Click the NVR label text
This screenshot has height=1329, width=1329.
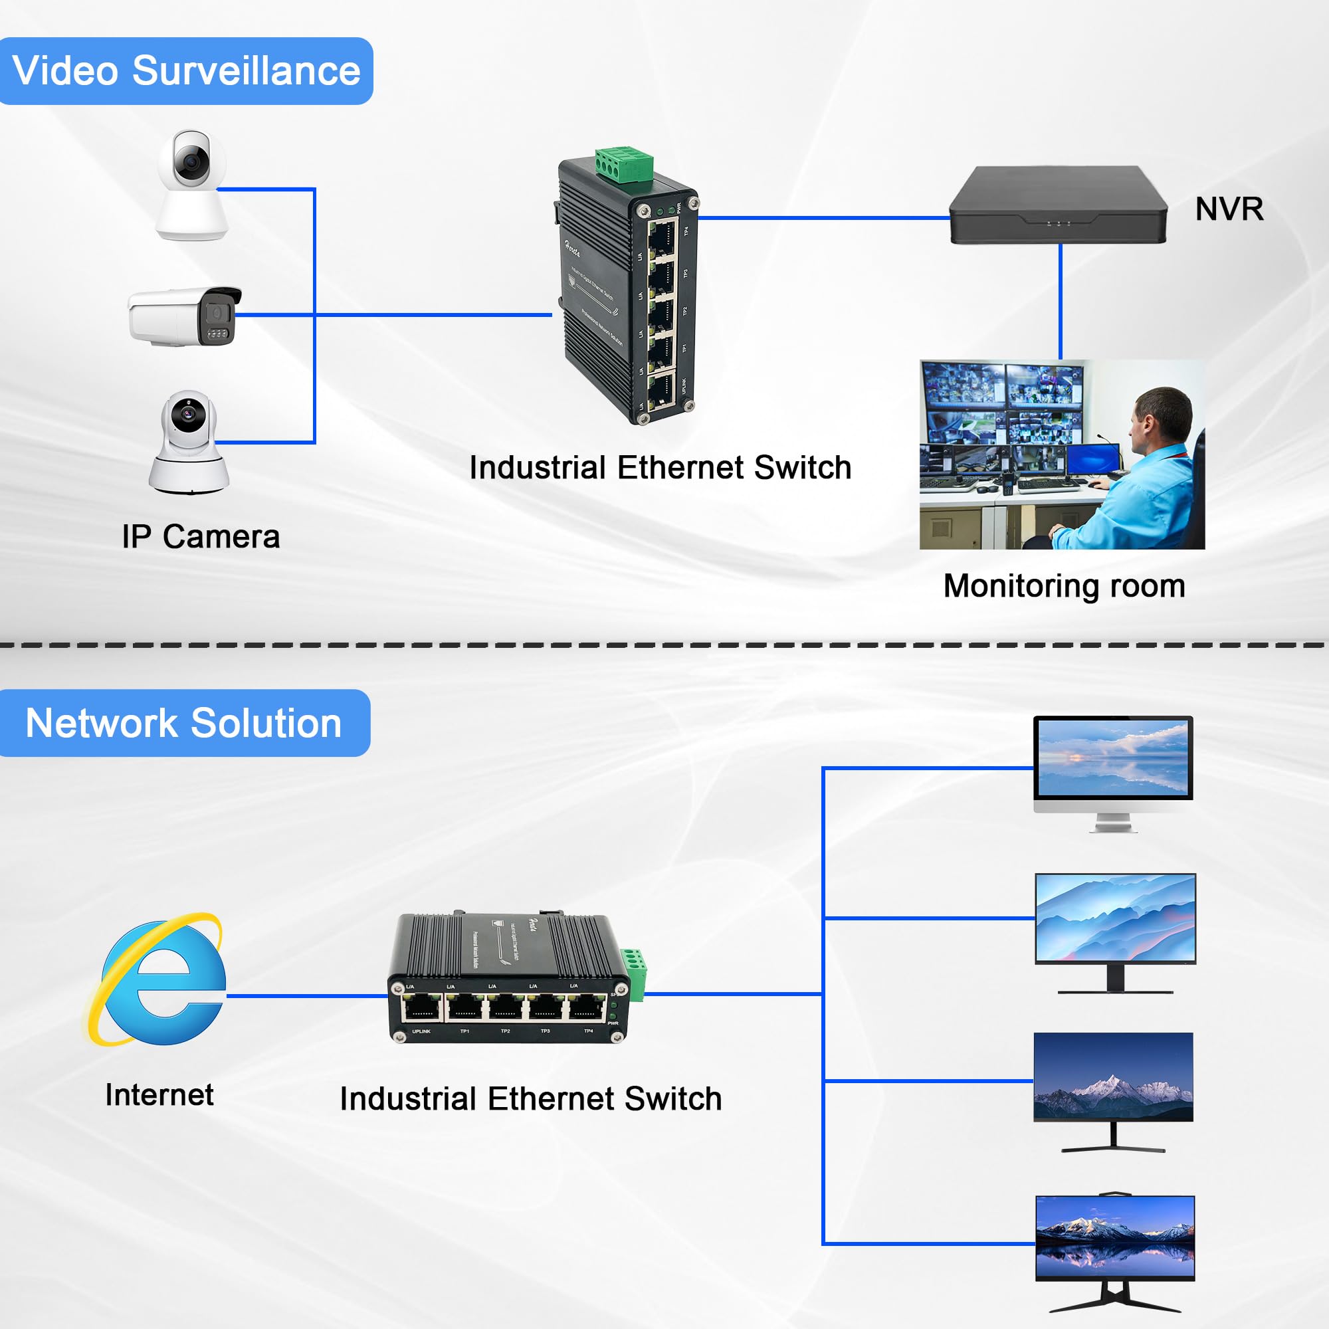(x=1229, y=209)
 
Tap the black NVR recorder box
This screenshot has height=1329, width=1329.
(x=1058, y=205)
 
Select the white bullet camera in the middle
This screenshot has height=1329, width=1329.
(x=184, y=316)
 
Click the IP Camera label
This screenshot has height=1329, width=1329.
(x=201, y=536)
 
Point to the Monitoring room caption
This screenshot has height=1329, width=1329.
(x=1064, y=586)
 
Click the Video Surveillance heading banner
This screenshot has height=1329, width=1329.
(x=186, y=71)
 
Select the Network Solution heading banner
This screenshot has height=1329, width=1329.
(x=183, y=723)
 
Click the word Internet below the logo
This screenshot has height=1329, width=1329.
(x=159, y=1094)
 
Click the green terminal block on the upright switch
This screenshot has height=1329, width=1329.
(x=624, y=165)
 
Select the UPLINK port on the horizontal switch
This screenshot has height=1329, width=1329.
(x=422, y=1008)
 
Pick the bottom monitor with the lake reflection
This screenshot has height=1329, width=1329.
(x=1115, y=1239)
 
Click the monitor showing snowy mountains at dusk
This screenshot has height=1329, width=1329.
(x=1113, y=1078)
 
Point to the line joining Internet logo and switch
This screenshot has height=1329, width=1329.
(x=308, y=995)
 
